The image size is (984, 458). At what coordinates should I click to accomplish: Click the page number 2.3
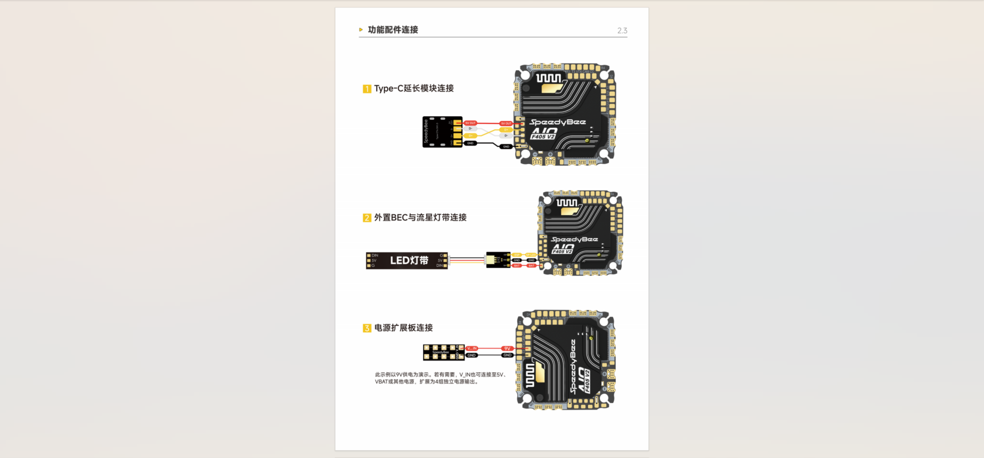[x=622, y=31]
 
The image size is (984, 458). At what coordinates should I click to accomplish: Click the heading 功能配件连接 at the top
[x=393, y=30]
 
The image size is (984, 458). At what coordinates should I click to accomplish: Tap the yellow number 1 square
[x=367, y=89]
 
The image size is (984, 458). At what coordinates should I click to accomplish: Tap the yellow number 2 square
[x=367, y=218]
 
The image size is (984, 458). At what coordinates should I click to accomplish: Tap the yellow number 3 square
[x=367, y=328]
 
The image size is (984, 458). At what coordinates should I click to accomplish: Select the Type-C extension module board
[x=442, y=132]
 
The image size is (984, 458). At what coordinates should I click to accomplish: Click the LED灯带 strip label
[x=409, y=260]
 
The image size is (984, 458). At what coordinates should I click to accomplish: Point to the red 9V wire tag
[x=507, y=348]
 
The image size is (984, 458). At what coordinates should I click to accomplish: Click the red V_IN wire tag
[x=471, y=348]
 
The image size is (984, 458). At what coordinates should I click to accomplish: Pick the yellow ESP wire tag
[x=517, y=255]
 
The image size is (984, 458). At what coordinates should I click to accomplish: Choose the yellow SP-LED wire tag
[x=531, y=255]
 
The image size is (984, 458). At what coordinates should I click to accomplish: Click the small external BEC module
[x=498, y=260]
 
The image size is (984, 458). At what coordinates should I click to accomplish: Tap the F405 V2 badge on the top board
[x=543, y=137]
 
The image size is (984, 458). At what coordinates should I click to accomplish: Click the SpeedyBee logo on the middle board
[x=574, y=240]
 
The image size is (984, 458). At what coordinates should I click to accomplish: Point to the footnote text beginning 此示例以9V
[x=440, y=378]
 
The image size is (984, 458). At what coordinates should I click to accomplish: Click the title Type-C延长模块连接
[x=414, y=88]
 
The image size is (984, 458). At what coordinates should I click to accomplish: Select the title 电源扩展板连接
[x=403, y=328]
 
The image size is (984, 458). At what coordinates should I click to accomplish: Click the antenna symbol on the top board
[x=548, y=78]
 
